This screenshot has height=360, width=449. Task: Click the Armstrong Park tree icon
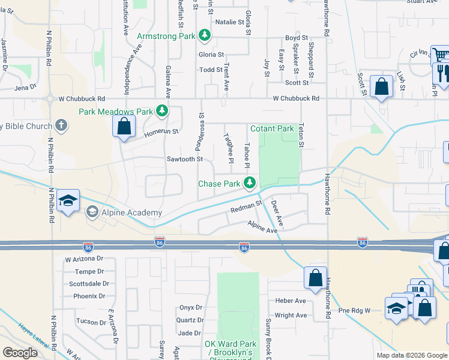point(205,36)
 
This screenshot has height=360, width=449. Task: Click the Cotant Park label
point(272,128)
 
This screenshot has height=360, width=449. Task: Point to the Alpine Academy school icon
point(92,212)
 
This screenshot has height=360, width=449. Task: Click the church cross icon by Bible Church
point(60,125)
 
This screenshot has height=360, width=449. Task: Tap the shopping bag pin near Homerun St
point(124,126)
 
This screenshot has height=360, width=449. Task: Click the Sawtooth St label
point(185,160)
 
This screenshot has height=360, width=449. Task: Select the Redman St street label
point(247,208)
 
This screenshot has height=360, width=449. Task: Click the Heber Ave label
point(291,301)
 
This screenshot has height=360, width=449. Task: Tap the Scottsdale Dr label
point(89,284)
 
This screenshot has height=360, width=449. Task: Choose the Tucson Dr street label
point(91,321)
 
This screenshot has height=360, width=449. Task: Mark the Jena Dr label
point(25,87)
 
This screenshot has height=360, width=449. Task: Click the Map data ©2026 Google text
point(411,355)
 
